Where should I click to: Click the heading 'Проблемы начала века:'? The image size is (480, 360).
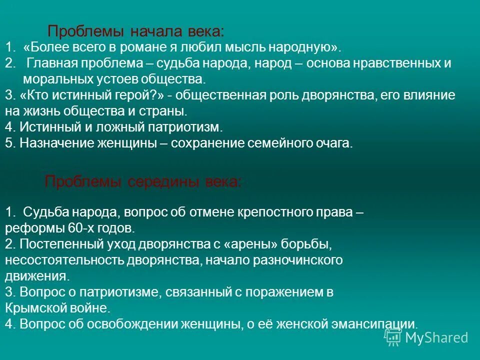[x=135, y=32]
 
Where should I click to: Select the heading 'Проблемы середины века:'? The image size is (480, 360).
[x=143, y=181]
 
